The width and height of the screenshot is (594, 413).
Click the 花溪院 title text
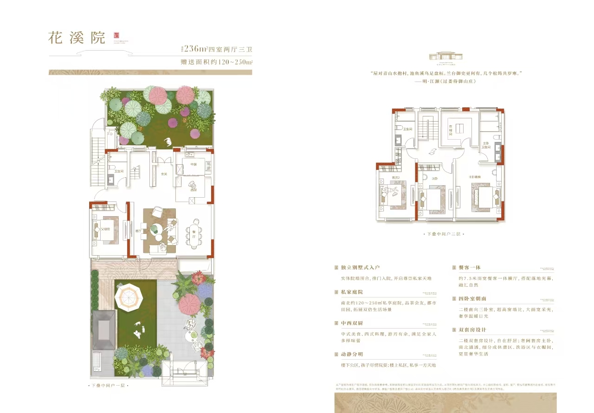click(x=77, y=38)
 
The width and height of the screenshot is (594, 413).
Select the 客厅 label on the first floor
click(x=138, y=230)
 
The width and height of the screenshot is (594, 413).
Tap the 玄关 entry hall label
click(x=163, y=174)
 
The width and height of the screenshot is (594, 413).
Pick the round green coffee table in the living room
click(x=156, y=228)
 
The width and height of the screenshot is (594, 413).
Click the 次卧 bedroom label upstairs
click(x=435, y=178)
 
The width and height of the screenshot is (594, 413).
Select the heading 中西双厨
click(x=351, y=323)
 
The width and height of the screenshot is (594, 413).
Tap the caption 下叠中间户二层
click(x=444, y=235)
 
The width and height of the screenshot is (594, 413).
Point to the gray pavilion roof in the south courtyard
click(x=104, y=330)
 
